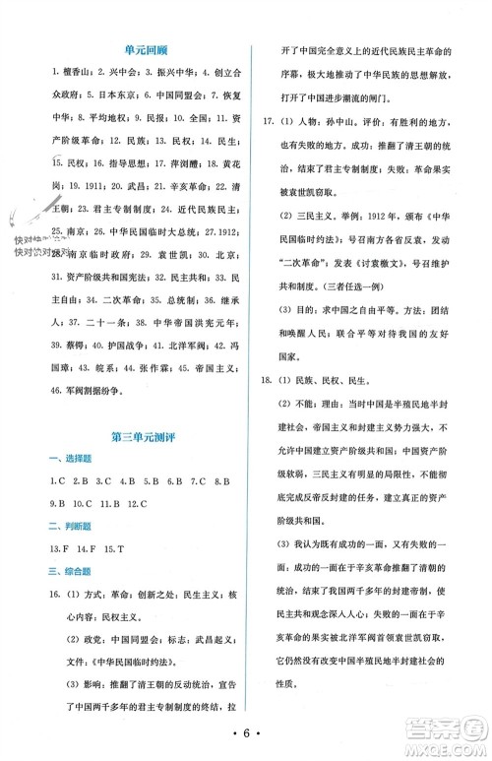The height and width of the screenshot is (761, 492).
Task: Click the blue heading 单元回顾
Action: coord(131,46)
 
